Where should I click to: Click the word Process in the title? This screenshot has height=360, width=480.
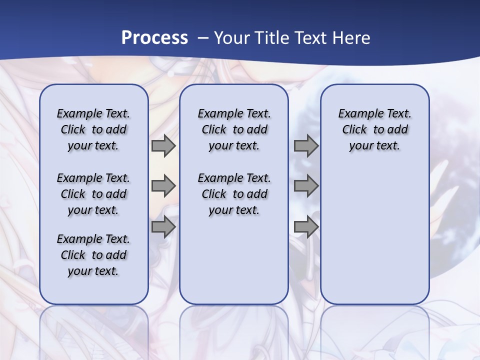154,38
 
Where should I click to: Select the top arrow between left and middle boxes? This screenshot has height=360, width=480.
163,146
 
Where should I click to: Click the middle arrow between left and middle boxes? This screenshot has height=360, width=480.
163,186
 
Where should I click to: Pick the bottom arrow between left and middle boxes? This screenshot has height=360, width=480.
163,227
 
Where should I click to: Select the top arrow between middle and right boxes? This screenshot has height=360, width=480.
306,146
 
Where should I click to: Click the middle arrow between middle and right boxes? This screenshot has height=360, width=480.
306,186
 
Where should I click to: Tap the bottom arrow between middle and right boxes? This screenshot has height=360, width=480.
306,227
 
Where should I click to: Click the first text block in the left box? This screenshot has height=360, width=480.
93,129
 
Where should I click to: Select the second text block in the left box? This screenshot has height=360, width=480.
93,194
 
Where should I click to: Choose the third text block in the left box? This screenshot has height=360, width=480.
93,255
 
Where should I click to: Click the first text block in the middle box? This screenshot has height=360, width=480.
234,129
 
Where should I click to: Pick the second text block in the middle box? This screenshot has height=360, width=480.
234,194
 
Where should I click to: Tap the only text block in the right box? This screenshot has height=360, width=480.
374,129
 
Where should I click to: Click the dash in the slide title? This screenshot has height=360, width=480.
203,38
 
